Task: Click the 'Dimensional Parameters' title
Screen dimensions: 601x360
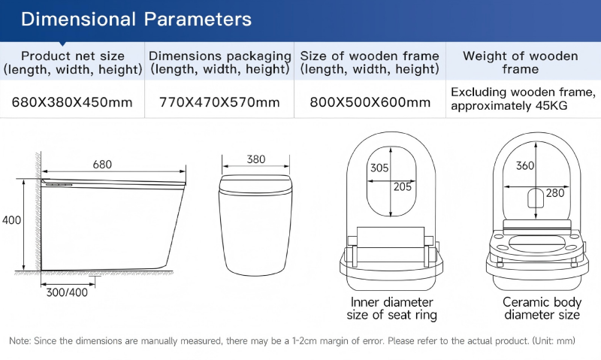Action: [136, 20]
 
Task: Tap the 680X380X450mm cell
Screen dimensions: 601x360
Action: [72, 102]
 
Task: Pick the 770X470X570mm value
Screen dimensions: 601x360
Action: [219, 102]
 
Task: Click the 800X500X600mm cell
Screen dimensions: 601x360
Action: [370, 102]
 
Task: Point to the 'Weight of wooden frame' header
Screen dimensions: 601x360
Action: [520, 62]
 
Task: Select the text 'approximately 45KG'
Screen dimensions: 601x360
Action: [509, 106]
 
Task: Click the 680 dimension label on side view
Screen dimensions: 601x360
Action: [102, 164]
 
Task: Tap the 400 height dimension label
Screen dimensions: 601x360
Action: [11, 220]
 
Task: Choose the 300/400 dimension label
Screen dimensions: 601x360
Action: [67, 292]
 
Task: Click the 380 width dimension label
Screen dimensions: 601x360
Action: [255, 159]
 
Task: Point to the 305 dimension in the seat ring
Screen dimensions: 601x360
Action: [379, 168]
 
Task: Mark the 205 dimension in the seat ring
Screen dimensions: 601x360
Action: [403, 186]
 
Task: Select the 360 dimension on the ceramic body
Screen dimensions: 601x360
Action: [524, 165]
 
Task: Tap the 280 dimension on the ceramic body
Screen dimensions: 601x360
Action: [555, 193]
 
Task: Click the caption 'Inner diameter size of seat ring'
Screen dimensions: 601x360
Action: [391, 308]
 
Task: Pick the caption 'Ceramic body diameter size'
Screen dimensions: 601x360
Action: [542, 308]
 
